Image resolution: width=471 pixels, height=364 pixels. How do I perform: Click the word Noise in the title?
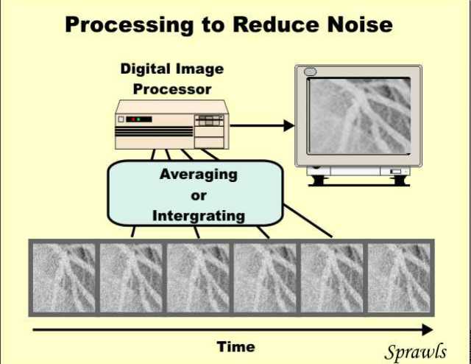point(360,24)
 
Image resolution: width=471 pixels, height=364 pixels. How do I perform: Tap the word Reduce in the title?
point(275,24)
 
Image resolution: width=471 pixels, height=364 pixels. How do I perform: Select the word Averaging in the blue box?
point(199,175)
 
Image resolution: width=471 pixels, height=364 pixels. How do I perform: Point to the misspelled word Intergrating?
point(199,216)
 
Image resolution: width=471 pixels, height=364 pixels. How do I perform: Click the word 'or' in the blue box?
point(199,196)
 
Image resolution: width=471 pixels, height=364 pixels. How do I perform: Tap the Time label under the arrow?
point(235,346)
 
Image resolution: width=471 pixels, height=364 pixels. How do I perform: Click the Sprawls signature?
point(415,351)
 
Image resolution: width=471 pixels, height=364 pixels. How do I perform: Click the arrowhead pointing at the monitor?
point(289,126)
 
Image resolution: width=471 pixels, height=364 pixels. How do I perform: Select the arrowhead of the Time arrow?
point(428,329)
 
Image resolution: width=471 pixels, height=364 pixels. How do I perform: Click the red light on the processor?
point(133,119)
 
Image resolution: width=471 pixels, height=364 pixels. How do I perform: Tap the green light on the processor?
point(138,119)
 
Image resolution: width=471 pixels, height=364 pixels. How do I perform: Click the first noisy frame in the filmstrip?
point(64,278)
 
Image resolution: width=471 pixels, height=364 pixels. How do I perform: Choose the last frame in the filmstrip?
point(399,278)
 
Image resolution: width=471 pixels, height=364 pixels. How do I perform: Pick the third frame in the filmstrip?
point(198,278)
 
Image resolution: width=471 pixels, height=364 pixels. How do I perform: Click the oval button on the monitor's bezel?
point(310,71)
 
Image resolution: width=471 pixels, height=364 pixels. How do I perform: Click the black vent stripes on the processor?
point(154,131)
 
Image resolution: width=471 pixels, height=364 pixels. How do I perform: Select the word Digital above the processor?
point(146,69)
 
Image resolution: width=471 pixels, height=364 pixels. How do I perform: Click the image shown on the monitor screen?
point(360,116)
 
